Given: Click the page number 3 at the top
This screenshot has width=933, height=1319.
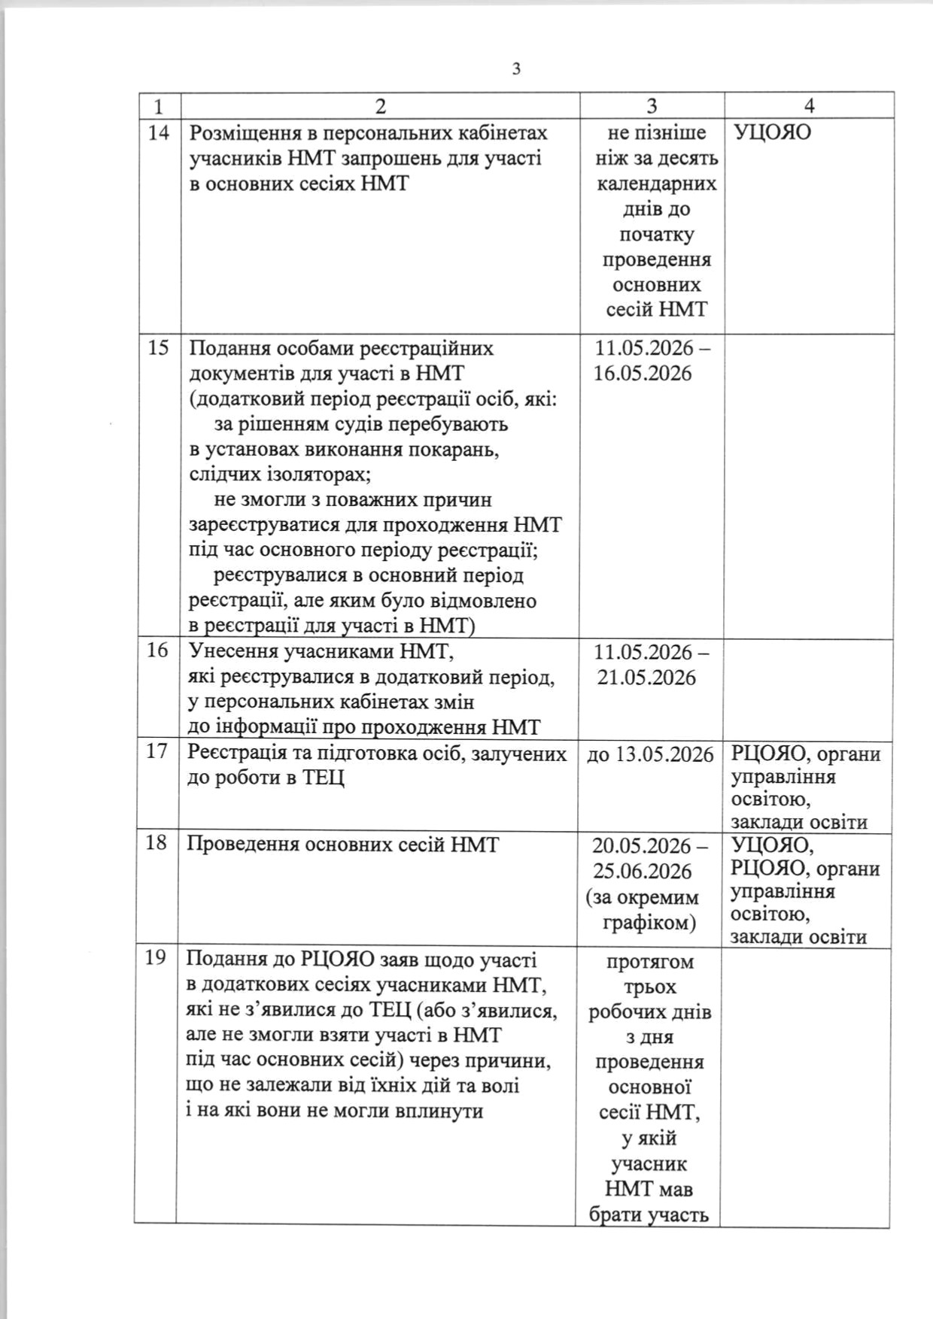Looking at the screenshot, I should tap(516, 69).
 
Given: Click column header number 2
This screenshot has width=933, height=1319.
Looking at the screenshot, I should tap(380, 106).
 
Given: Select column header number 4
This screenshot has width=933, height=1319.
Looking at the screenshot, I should tap(810, 106).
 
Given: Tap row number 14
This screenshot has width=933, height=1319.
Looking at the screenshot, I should tap(159, 133).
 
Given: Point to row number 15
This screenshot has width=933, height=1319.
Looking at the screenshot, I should tap(158, 349).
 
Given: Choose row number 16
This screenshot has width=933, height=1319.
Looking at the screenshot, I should tap(157, 650).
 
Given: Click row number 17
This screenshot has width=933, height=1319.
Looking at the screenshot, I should tap(156, 751).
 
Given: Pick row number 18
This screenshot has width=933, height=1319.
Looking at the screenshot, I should tap(156, 843).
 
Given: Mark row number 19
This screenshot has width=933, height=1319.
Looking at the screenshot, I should tap(155, 959).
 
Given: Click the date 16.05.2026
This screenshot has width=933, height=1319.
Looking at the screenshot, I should tap(642, 374).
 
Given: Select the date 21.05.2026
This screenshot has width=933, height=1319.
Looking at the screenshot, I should tap(647, 678).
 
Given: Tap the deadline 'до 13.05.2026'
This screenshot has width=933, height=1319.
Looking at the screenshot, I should tap(649, 753).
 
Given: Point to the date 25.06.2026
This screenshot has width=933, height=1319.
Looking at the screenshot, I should tap(642, 872).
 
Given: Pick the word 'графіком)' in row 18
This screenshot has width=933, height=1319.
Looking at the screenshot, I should tap(649, 922).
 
